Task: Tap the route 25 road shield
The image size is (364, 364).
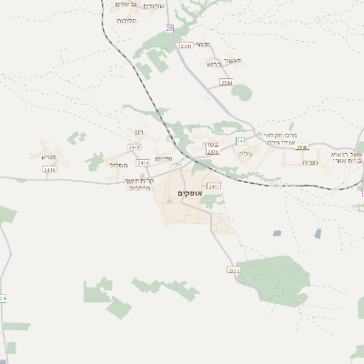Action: (x=169, y=29)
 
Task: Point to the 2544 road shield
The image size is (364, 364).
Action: (x=227, y=83)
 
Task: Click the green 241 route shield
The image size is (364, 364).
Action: (x=241, y=141)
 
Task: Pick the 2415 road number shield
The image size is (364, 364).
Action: (x=135, y=147)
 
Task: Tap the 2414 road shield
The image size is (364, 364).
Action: (x=143, y=162)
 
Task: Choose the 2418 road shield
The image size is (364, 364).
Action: (x=49, y=169)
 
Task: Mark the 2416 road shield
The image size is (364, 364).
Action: (x=213, y=152)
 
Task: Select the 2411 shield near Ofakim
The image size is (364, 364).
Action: (x=213, y=186)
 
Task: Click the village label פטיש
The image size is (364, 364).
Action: (x=49, y=157)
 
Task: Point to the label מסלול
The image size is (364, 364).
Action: (x=117, y=165)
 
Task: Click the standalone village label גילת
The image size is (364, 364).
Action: (x=245, y=154)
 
